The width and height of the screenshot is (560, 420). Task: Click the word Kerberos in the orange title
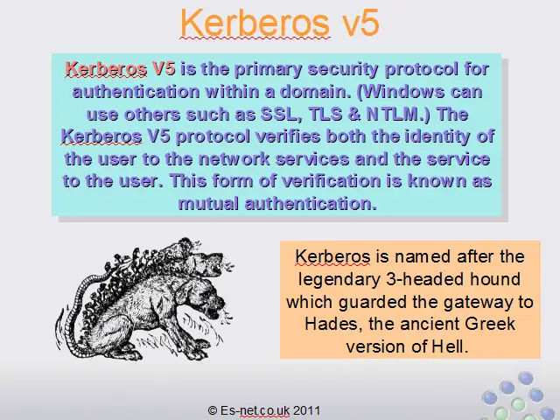coord(255,22)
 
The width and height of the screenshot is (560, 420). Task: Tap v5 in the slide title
coord(360,23)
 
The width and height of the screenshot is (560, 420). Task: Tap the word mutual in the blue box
coord(208,204)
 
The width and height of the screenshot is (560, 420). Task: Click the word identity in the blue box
coord(437,136)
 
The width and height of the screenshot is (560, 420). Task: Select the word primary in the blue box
coord(268,69)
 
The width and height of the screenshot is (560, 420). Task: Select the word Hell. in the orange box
coord(450,346)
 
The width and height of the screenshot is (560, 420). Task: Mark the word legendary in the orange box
coord(339,280)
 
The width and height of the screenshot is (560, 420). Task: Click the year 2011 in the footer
coord(307,410)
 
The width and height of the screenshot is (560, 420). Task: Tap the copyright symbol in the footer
coord(213,410)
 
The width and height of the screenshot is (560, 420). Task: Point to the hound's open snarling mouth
coord(214,311)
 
